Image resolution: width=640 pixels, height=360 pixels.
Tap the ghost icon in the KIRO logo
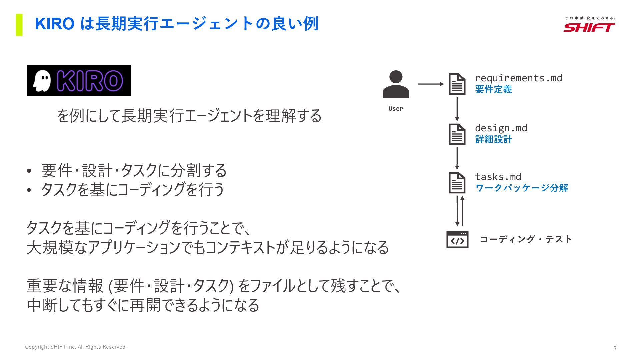(42, 81)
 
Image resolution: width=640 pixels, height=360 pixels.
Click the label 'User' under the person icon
(396, 109)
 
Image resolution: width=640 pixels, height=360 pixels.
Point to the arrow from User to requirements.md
(431, 84)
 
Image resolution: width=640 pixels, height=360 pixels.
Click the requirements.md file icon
(457, 84)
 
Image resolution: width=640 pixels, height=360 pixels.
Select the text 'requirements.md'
(518, 78)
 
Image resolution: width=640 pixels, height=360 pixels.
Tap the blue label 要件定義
(493, 89)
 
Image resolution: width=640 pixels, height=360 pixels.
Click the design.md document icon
(457, 134)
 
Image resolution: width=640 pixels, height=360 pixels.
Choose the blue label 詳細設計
(493, 139)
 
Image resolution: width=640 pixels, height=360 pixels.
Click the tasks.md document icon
(457, 183)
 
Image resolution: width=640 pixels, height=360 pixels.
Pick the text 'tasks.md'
(498, 177)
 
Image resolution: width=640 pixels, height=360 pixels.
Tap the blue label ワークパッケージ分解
(521, 188)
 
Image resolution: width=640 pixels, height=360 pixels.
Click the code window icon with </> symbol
(457, 240)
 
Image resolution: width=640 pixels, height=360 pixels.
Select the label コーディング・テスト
(526, 239)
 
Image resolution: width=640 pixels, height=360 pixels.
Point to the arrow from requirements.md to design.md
(457, 109)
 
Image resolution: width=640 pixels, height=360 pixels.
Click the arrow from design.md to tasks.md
(457, 158)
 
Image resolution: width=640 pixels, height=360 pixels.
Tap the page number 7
(615, 348)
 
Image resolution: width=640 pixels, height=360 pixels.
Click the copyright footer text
(76, 347)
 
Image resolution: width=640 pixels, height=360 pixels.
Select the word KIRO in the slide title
(55, 24)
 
